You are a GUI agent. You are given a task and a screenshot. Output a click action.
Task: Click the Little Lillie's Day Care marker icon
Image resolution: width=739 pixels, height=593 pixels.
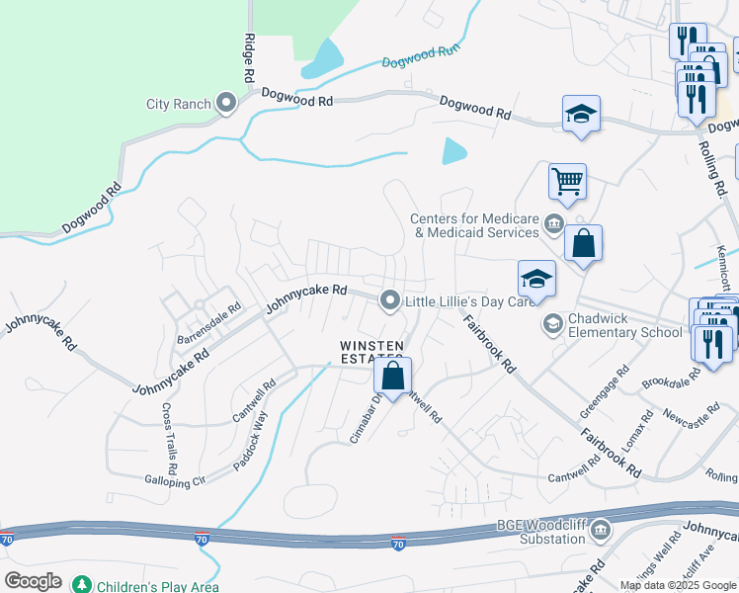[391, 300]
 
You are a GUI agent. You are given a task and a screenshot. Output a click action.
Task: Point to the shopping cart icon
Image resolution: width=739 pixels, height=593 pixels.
[567, 180]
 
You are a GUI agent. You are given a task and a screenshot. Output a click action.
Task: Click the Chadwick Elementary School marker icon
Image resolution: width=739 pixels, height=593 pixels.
[553, 323]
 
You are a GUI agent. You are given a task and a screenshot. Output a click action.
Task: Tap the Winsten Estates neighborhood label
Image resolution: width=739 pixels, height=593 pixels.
[371, 351]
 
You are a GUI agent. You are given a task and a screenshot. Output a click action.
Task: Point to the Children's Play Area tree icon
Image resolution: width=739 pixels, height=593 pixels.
[82, 585]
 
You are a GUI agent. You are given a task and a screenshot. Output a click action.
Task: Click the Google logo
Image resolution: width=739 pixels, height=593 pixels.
[33, 581]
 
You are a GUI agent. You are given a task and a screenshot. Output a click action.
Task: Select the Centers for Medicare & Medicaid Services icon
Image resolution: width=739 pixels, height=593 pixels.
[553, 225]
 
